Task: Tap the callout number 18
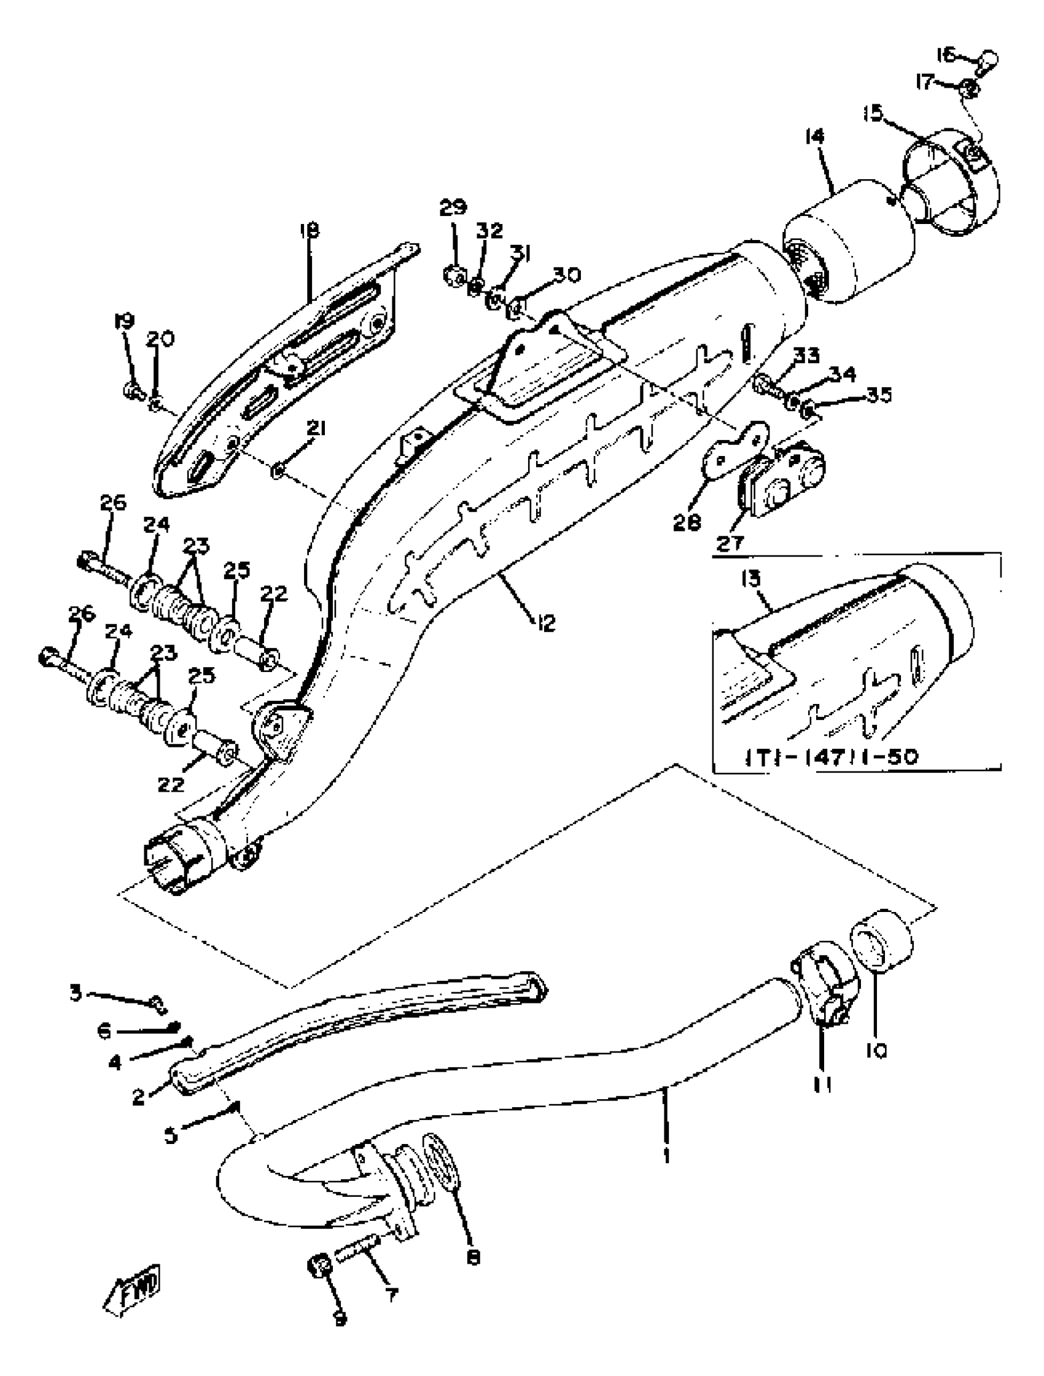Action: pos(310,231)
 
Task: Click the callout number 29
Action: pos(453,207)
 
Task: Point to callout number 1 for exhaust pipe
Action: pos(667,1155)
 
